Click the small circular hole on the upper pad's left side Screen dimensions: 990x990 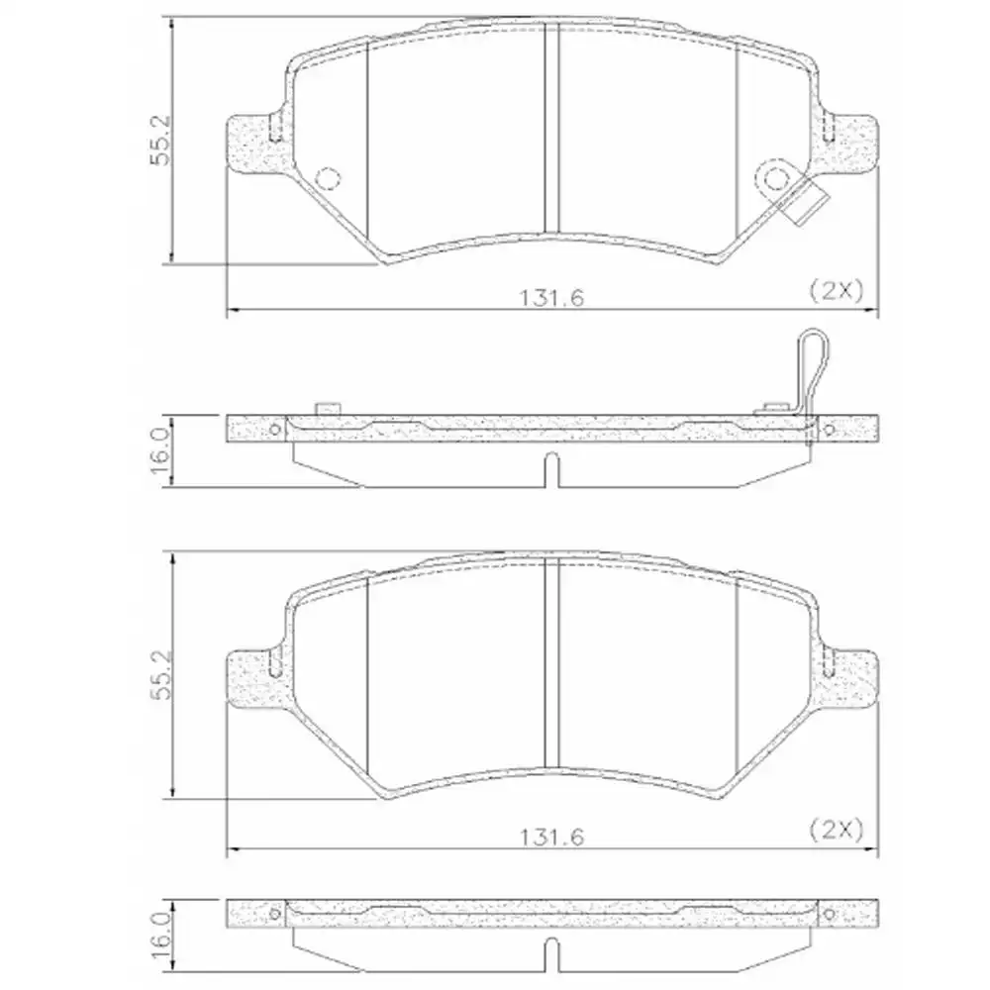[x=327, y=178]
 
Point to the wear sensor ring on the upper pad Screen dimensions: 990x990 [x=774, y=178]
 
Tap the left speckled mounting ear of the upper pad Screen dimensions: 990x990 [x=252, y=142]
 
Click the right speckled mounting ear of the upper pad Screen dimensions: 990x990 [x=851, y=142]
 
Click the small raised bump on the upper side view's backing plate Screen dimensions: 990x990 [x=326, y=408]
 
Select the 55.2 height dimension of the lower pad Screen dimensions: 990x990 [x=162, y=676]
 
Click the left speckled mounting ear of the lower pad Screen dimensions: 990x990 [x=252, y=678]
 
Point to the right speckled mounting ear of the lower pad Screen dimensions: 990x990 [x=851, y=678]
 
